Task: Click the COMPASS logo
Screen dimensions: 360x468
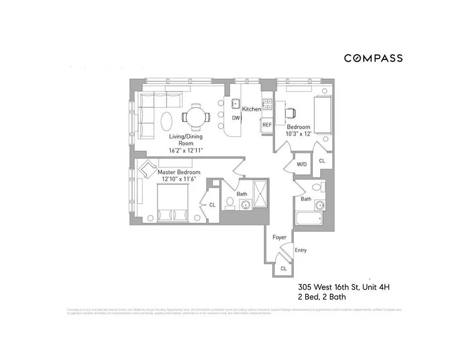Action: tap(373, 58)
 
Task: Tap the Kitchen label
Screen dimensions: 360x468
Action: tap(251, 109)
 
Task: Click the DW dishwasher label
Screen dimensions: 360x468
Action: tap(236, 118)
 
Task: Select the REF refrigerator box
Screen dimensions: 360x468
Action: tap(267, 125)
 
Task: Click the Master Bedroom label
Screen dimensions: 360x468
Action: tap(178, 172)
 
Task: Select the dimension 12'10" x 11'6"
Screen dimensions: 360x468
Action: tap(178, 179)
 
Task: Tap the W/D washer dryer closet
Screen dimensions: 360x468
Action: tap(302, 164)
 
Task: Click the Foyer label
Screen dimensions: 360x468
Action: tap(279, 237)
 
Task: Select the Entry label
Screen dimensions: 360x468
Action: tap(300, 250)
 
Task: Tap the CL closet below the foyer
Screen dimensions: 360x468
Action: tap(284, 268)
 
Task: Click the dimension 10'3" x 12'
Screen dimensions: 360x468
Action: tap(299, 134)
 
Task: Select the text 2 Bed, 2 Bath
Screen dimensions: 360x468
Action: tap(322, 297)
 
